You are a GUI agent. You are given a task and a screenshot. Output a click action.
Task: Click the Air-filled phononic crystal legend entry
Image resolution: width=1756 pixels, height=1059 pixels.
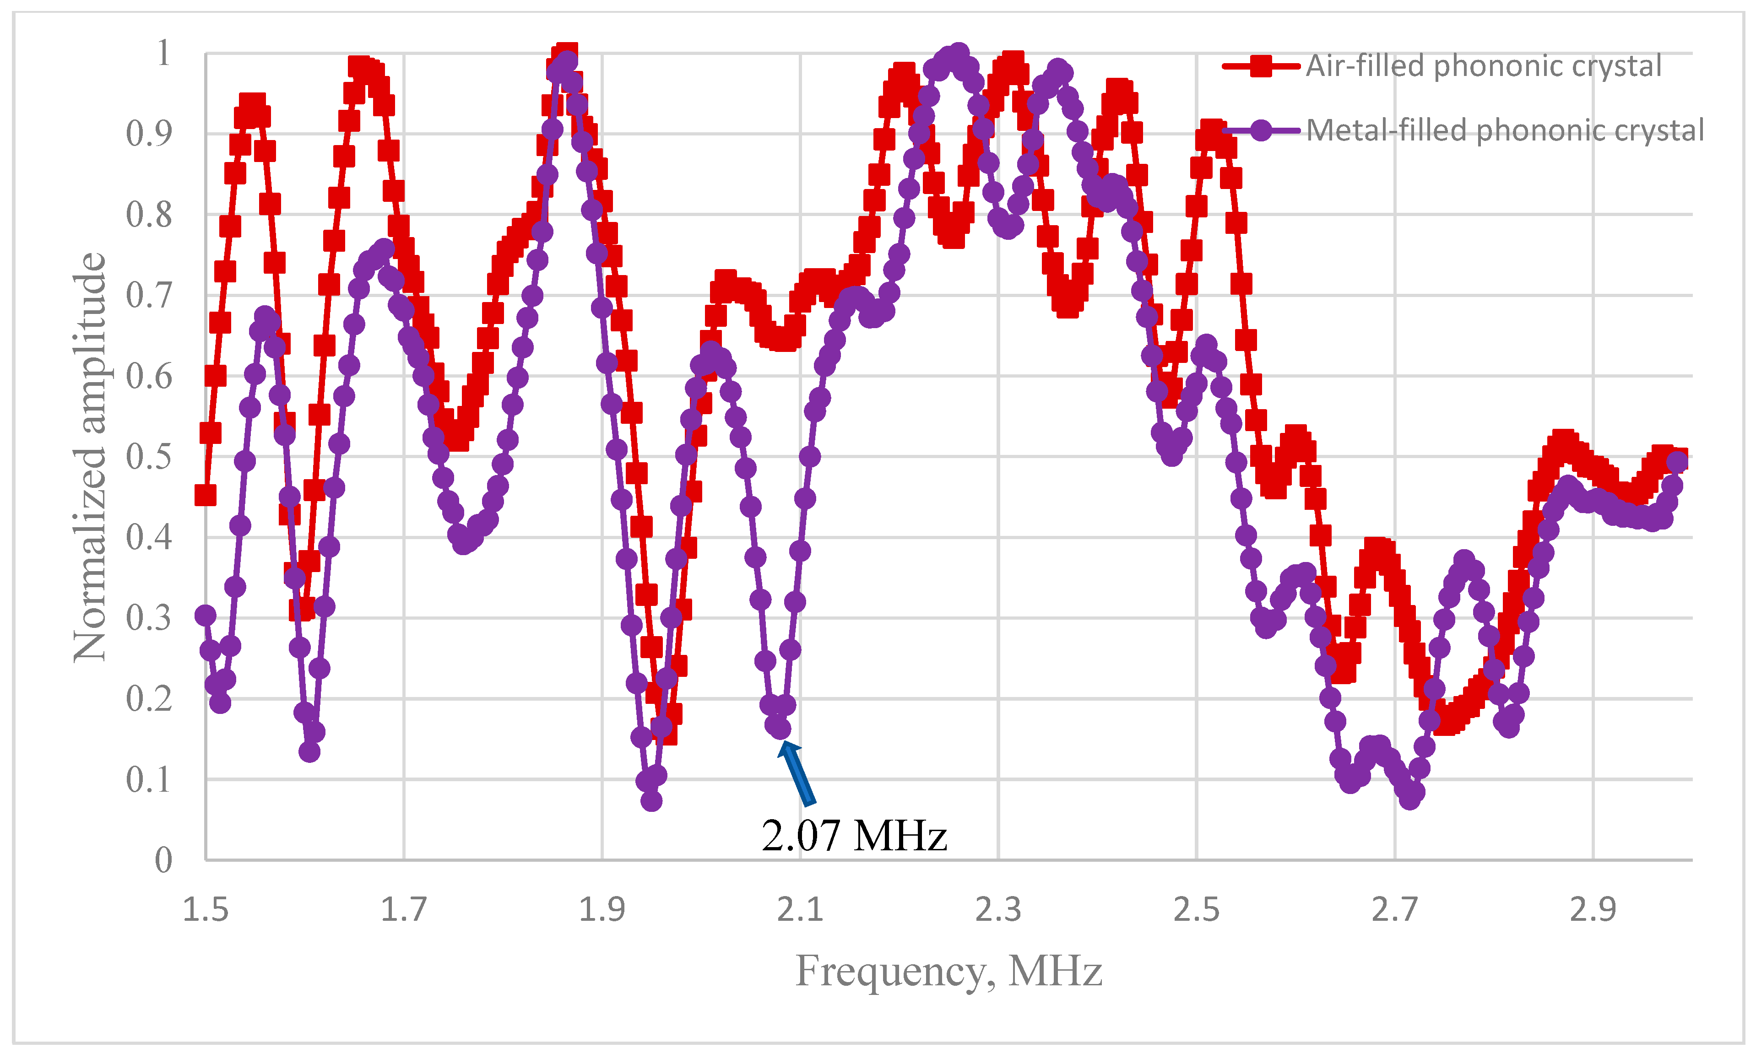pos(1482,66)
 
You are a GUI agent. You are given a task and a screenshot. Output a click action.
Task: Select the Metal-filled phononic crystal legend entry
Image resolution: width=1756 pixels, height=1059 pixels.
pos(1504,130)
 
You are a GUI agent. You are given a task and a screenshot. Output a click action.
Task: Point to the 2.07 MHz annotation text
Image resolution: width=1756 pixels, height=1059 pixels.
pos(854,835)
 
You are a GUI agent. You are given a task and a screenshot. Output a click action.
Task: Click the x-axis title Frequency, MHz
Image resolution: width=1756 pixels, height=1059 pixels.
pos(948,971)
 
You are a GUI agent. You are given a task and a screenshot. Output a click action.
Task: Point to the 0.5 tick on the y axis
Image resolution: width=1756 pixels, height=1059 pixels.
pos(149,457)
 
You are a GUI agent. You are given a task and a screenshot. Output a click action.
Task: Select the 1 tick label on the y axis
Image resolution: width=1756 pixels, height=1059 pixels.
pos(164,54)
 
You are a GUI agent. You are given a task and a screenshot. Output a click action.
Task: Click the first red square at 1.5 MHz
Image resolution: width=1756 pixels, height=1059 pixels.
pos(205,495)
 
